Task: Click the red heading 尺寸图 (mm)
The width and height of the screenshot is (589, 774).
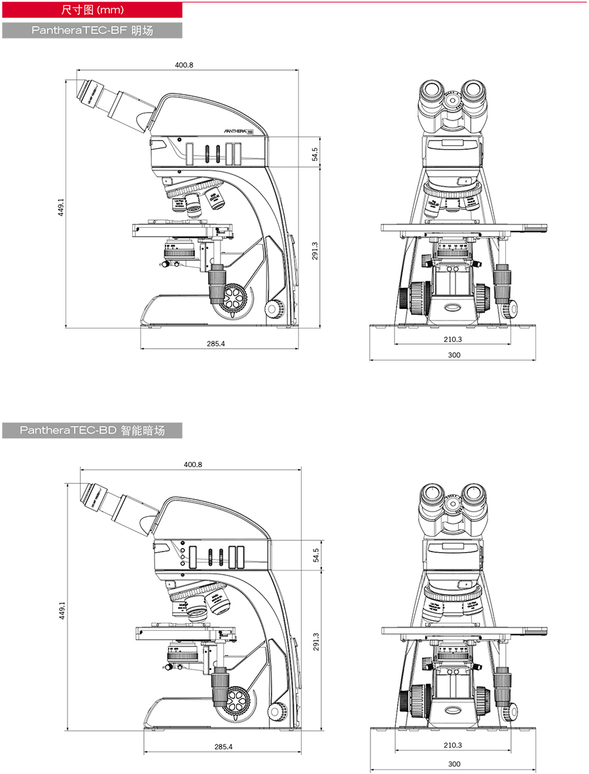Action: (x=92, y=10)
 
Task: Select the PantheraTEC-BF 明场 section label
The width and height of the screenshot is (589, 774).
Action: (x=92, y=30)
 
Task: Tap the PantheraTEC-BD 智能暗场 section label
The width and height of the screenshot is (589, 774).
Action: (x=92, y=430)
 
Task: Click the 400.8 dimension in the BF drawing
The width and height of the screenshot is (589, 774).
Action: (x=185, y=65)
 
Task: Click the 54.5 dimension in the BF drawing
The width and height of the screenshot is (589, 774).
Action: (x=315, y=154)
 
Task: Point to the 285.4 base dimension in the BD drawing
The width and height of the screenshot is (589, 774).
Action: (x=223, y=747)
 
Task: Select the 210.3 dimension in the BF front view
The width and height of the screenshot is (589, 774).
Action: (x=452, y=339)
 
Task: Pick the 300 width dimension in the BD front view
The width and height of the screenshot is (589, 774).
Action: (x=454, y=764)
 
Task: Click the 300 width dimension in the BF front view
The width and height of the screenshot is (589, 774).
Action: (x=454, y=355)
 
